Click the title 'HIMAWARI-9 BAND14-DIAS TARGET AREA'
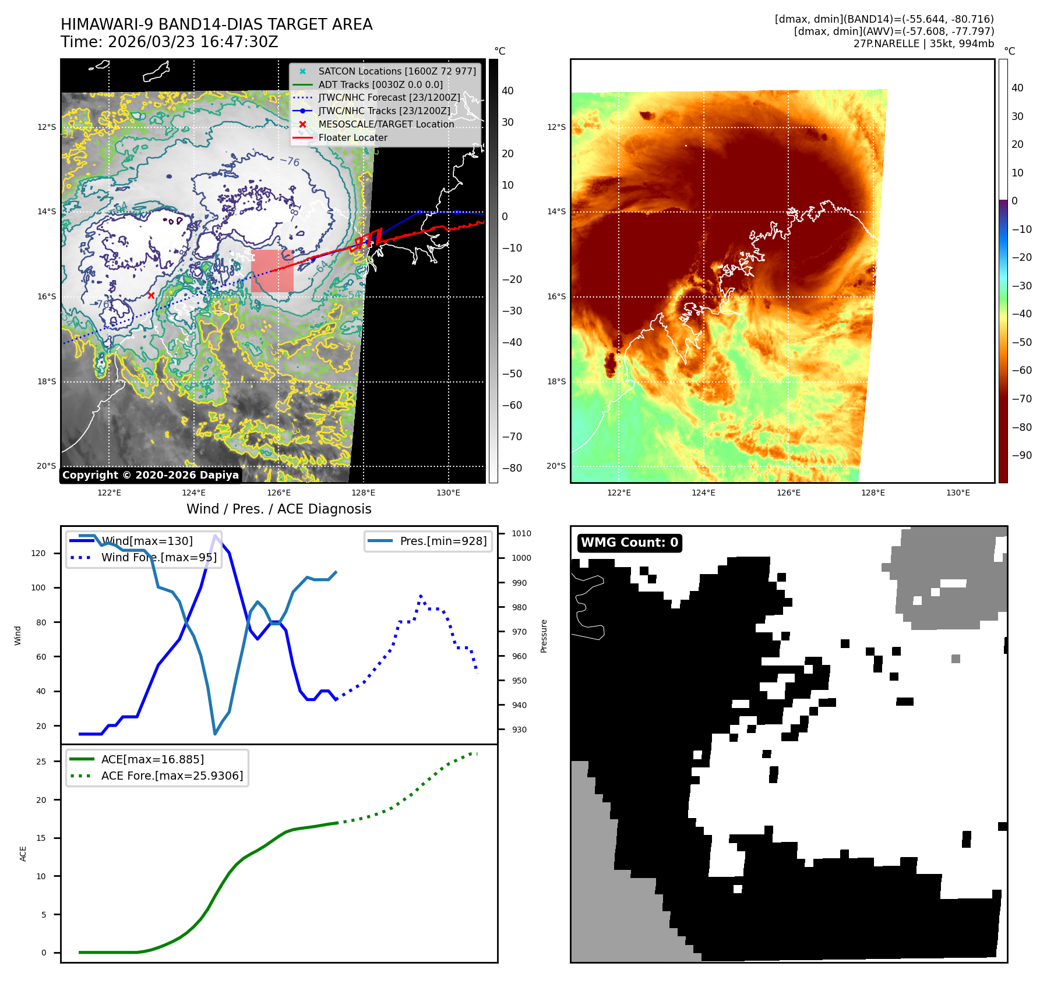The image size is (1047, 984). click(216, 24)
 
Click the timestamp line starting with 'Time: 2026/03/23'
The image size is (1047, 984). click(169, 42)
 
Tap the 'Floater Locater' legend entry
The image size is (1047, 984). click(352, 137)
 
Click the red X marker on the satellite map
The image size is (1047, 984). click(151, 295)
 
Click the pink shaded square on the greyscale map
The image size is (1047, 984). click(272, 271)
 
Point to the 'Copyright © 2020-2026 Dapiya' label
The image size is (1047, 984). click(150, 475)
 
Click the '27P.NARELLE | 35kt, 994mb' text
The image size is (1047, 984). click(923, 44)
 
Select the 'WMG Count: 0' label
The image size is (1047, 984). click(629, 543)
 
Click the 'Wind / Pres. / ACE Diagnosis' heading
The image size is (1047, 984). click(279, 509)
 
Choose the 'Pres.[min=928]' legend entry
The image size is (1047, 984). click(443, 541)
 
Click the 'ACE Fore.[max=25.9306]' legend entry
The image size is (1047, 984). click(172, 776)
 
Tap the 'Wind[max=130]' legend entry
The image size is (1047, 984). click(146, 541)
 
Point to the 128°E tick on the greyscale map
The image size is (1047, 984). click(363, 493)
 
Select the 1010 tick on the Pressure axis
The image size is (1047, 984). click(521, 533)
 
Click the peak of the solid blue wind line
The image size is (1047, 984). click(216, 536)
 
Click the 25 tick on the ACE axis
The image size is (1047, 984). click(41, 762)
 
